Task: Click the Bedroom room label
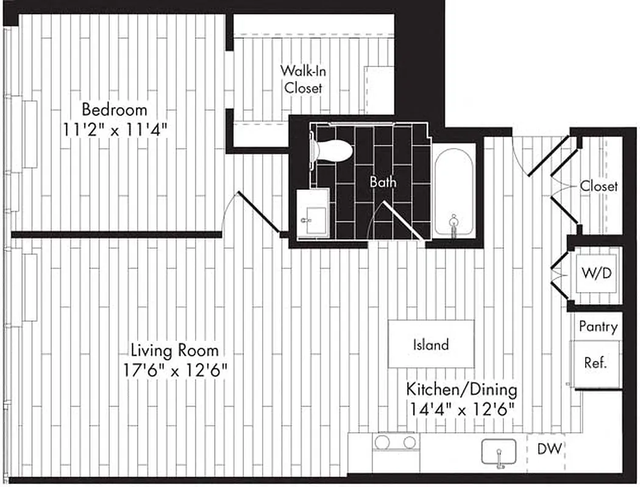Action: point(115,110)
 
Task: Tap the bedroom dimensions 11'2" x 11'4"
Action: point(115,129)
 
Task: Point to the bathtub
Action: point(454,190)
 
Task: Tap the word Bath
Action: point(383,181)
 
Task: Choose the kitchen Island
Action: point(431,345)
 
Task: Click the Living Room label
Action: point(174,351)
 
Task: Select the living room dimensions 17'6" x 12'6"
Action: point(174,370)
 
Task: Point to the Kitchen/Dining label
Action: point(461,389)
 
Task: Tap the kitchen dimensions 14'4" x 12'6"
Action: point(461,408)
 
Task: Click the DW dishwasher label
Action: point(550,449)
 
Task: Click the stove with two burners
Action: point(395,443)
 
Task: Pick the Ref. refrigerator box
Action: point(595,363)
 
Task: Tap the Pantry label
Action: point(597,327)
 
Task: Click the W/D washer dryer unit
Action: point(597,274)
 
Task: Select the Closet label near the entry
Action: point(599,186)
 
